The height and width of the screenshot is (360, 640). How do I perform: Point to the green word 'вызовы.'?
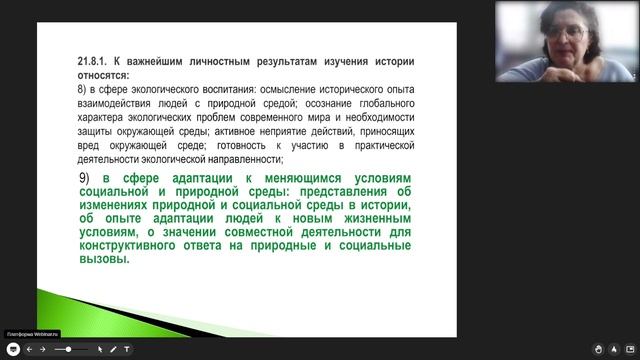tap(107, 257)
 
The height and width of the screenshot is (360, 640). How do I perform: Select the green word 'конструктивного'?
tap(122, 243)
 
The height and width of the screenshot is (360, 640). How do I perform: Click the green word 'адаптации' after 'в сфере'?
tap(183, 178)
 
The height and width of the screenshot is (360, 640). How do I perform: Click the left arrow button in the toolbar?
tap(29, 349)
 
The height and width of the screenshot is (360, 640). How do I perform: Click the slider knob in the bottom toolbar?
tap(68, 349)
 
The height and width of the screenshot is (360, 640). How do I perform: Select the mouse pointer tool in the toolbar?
tap(99, 349)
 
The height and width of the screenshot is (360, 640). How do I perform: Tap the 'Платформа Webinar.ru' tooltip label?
tap(31, 335)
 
